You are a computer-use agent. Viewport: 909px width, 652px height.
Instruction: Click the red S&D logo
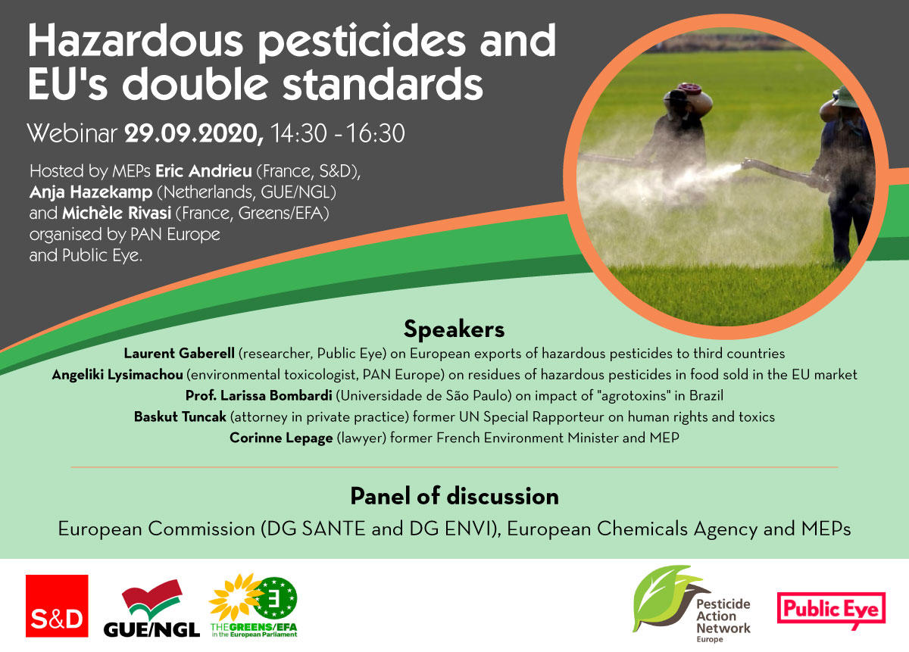point(57,606)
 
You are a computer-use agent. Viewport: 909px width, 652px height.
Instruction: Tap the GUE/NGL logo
point(151,608)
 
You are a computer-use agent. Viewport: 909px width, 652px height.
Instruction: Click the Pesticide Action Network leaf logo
point(692,604)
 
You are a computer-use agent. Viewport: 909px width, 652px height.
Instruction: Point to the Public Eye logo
point(831,610)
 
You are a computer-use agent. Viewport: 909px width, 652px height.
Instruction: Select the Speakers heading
point(454,329)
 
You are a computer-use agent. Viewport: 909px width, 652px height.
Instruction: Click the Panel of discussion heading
point(454,496)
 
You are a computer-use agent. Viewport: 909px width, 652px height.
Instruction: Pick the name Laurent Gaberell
point(179,354)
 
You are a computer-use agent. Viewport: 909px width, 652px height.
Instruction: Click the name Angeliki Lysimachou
point(117,375)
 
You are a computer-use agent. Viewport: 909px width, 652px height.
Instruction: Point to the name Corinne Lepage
point(281,438)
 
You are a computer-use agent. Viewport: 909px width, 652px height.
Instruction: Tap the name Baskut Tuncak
point(180,416)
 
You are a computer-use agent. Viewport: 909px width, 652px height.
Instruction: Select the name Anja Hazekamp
point(91,192)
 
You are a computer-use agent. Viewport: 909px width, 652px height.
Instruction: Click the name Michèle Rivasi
point(117,213)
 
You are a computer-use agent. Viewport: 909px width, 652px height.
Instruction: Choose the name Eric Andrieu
point(204,171)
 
